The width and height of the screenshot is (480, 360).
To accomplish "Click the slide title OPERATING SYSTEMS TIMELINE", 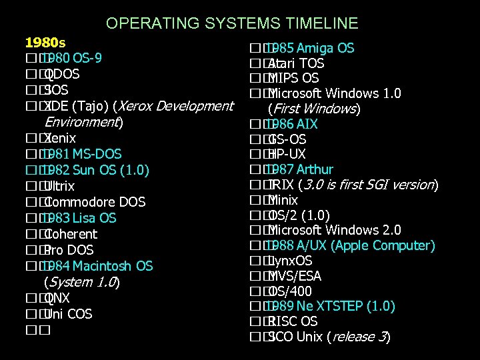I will pos(232,24).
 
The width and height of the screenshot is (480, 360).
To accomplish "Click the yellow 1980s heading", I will pos(45,42).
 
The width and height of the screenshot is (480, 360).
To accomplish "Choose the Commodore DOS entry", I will pos(96,202).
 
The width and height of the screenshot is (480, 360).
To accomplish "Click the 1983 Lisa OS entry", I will pos(79,218).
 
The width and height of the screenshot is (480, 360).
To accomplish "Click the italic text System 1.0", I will pos(81,282).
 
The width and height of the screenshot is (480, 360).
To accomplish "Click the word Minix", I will pos(283,200).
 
